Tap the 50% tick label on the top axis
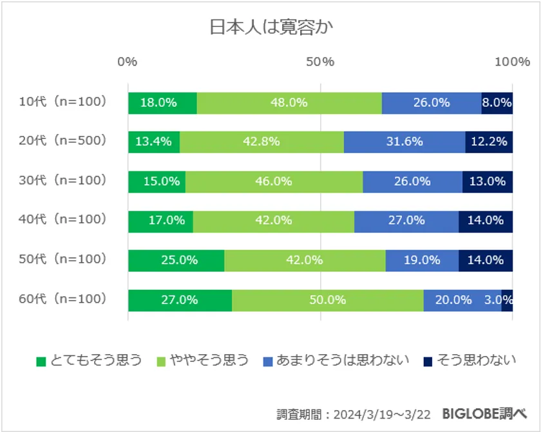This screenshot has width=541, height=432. (320, 62)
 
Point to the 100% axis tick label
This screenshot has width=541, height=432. (512, 62)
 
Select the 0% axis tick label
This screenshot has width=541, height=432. (128, 62)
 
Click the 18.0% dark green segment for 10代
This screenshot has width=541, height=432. (162, 103)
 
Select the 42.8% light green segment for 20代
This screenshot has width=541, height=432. (261, 142)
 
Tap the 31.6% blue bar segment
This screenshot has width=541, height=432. (404, 142)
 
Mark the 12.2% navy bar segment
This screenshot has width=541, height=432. (489, 142)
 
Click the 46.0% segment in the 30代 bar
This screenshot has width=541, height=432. (274, 182)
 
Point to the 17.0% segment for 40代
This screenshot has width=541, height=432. (160, 221)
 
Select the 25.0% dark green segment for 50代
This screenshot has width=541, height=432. (176, 261)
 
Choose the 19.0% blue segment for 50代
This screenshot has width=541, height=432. (422, 261)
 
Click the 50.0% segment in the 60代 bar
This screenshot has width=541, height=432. (328, 300)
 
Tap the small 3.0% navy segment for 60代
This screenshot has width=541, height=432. (508, 300)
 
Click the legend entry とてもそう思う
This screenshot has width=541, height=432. (89, 361)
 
